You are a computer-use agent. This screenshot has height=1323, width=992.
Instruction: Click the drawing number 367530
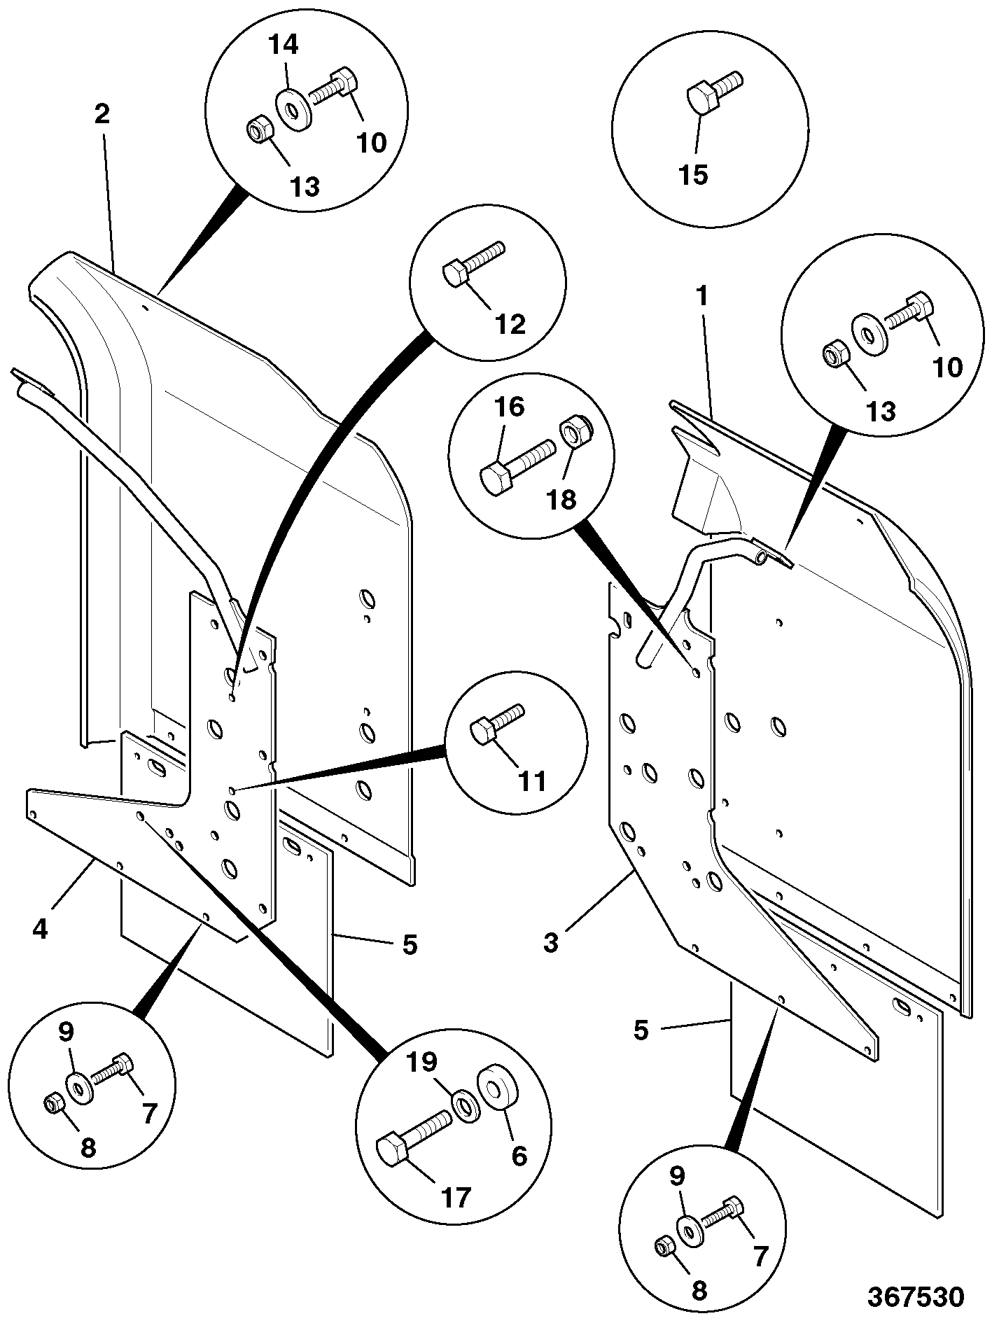click(916, 1296)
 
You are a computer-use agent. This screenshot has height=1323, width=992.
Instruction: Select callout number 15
click(694, 174)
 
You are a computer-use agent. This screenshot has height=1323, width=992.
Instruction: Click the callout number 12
click(510, 323)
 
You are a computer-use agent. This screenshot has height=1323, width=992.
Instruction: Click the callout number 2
click(102, 114)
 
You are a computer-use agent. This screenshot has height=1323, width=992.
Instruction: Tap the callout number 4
click(40, 929)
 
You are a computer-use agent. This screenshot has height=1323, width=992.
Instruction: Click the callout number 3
click(551, 942)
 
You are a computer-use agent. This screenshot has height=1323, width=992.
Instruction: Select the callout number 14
click(284, 45)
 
